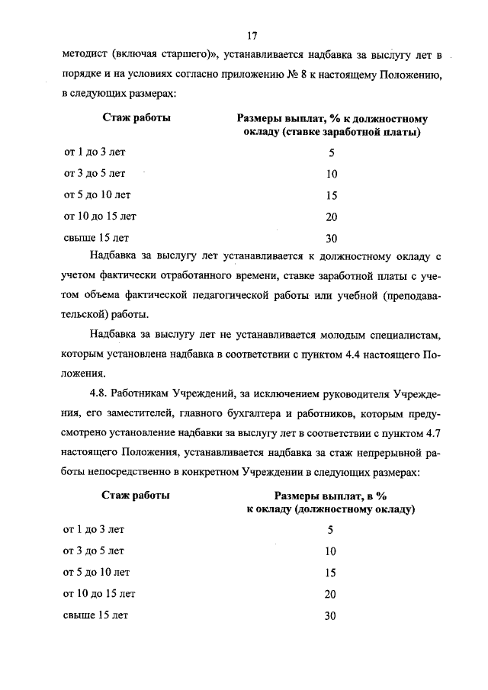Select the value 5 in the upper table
331,152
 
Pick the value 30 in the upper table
331,237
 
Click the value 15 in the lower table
330,573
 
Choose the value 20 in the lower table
330,594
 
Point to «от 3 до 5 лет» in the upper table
95,173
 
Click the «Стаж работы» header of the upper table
136,118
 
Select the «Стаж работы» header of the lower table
136,494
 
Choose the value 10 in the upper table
331,174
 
